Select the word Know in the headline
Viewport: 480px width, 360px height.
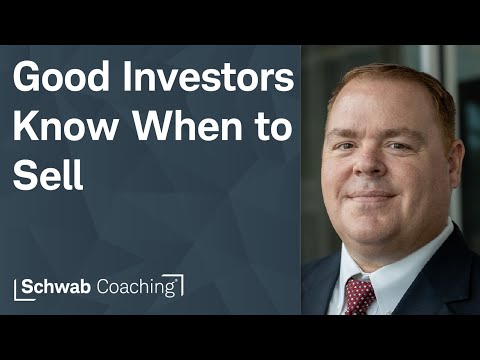(59, 129)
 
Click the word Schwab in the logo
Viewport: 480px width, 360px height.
(61, 286)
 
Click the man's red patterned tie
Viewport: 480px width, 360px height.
(358, 295)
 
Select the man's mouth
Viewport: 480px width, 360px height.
(372, 193)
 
